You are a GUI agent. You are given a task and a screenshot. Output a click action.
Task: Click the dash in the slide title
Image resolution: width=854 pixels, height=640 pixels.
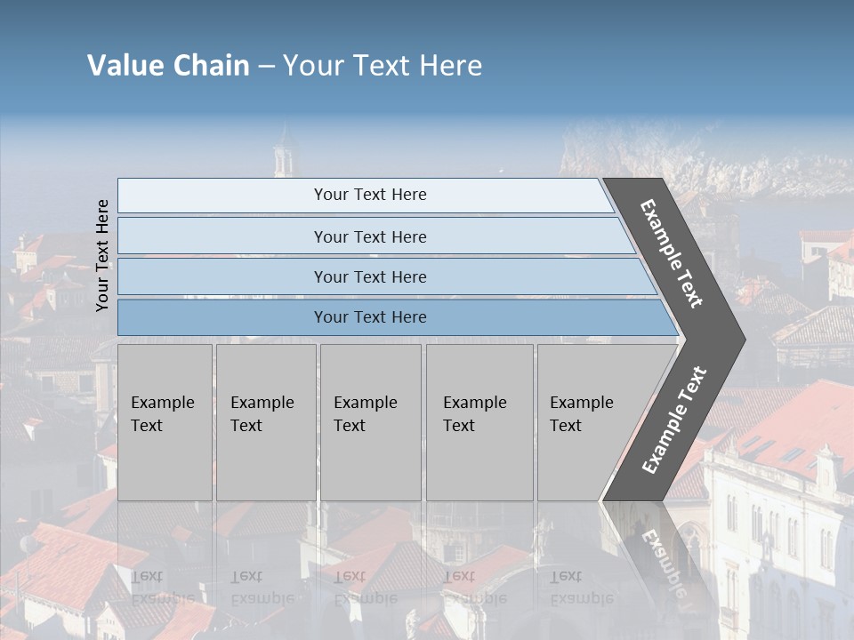[x=266, y=67]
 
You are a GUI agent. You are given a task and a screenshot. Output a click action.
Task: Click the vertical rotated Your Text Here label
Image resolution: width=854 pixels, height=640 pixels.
[x=102, y=255]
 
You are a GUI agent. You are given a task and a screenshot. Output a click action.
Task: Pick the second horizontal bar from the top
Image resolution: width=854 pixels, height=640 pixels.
[x=370, y=236]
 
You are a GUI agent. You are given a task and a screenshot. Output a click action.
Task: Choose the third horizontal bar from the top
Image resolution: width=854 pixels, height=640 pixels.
[x=370, y=276]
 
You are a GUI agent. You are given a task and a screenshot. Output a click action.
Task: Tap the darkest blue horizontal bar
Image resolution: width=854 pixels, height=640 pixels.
[x=370, y=317]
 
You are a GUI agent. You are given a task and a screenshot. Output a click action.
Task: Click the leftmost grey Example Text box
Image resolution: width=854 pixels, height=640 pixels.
[x=165, y=422]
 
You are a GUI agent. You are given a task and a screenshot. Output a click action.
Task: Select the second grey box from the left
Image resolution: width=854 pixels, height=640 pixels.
[x=265, y=422]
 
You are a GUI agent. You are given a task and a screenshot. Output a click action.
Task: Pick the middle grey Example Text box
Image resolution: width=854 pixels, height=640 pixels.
[x=370, y=422]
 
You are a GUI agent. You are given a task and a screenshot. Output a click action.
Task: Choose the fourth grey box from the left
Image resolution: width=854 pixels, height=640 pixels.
[x=479, y=422]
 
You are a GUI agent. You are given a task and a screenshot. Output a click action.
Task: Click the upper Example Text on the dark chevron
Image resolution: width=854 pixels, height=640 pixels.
[x=672, y=253]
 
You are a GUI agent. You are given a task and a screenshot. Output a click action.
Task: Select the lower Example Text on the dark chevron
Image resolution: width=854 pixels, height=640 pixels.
[x=674, y=420]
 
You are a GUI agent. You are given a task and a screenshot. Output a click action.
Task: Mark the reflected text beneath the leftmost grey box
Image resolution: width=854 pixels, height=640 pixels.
[x=163, y=588]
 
